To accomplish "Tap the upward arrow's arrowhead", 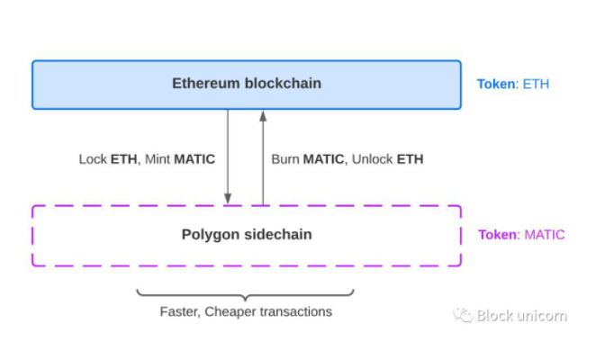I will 263,116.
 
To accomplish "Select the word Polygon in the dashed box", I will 207,235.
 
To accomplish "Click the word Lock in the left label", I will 93,159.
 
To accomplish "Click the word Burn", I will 286,159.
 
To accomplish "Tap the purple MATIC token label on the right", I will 544,235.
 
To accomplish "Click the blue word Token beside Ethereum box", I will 497,85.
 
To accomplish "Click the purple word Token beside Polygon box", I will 498,235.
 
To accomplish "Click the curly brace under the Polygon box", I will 245,294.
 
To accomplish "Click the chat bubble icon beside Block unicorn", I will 462,315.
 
